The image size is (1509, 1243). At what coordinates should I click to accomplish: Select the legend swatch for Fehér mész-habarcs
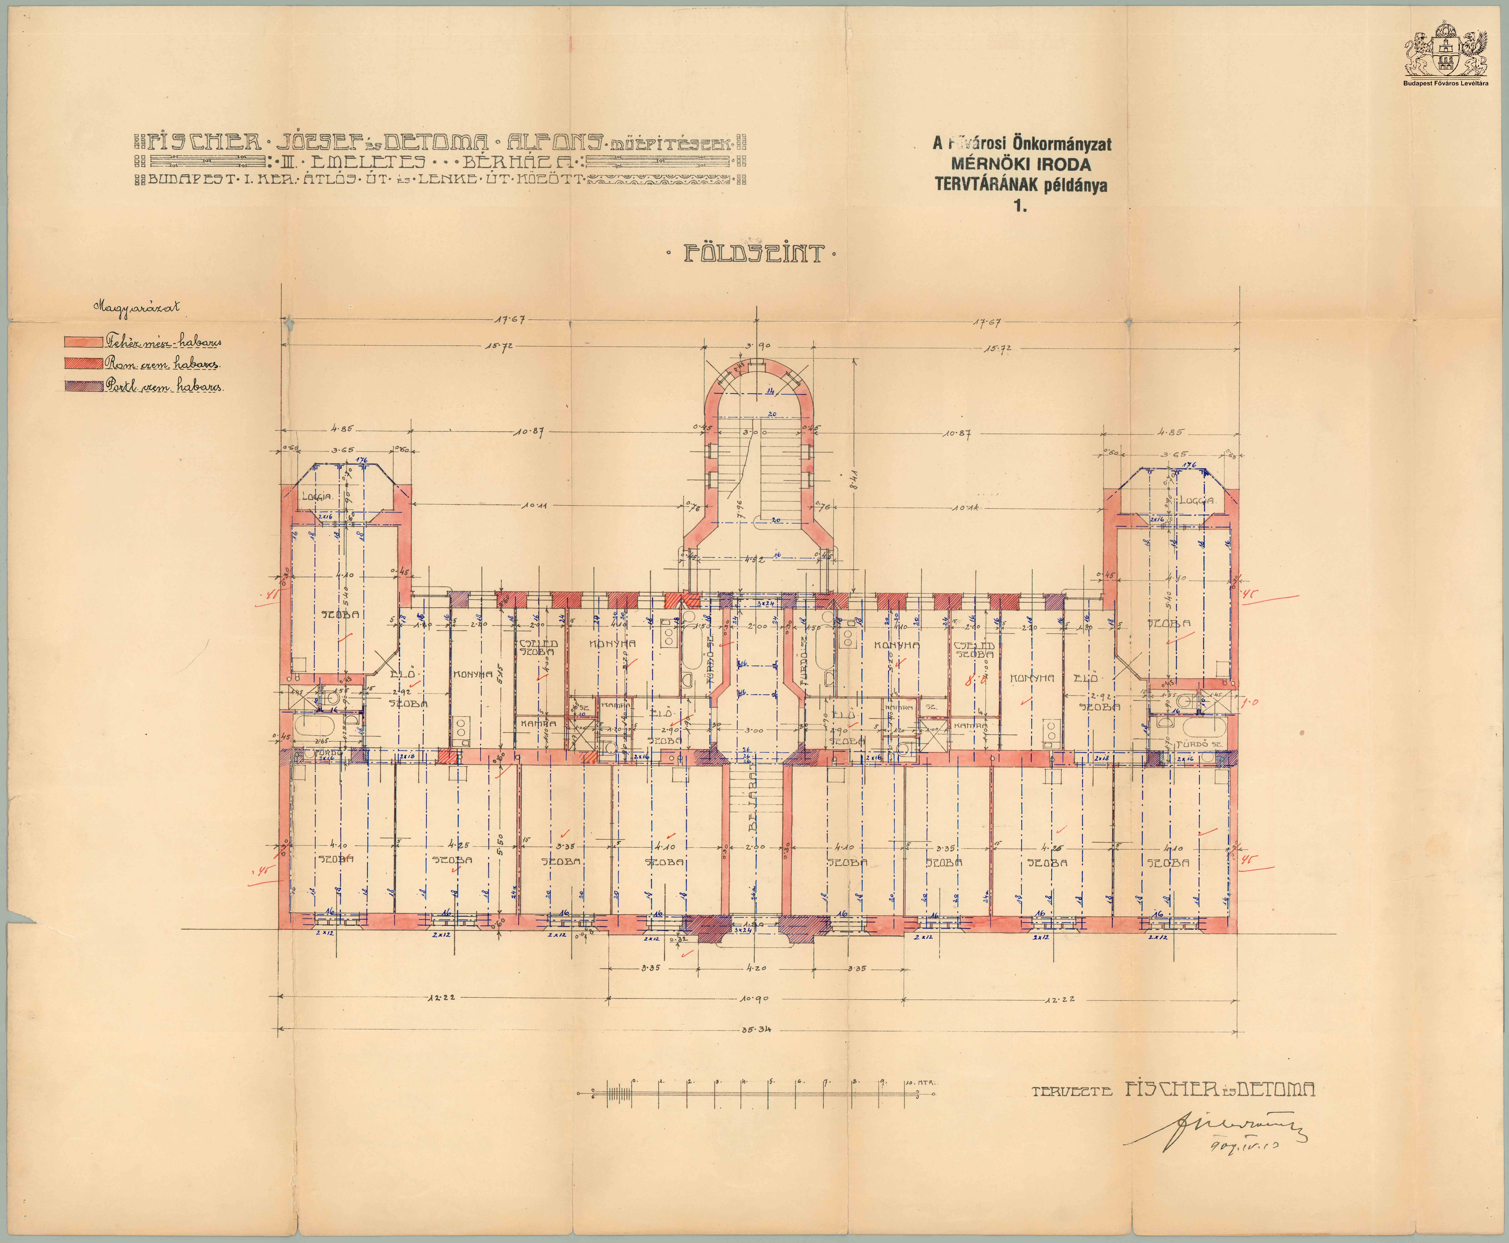pyautogui.click(x=83, y=342)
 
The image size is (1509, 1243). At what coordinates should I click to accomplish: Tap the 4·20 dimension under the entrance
pyautogui.click(x=755, y=968)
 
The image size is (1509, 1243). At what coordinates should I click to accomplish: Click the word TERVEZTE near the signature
pyautogui.click(x=1072, y=1091)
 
